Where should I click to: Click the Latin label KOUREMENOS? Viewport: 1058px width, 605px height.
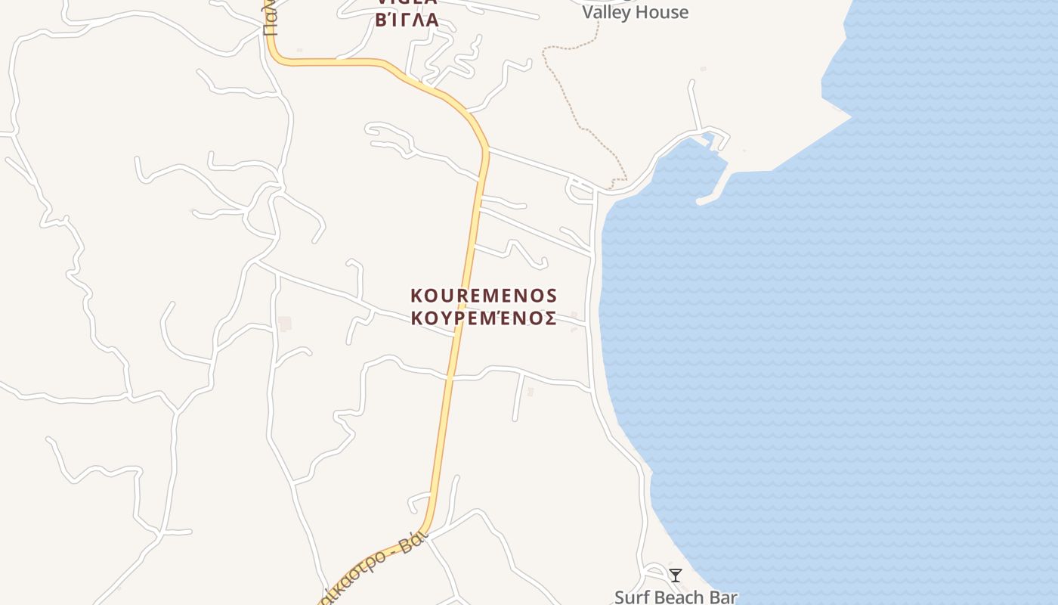pyautogui.click(x=484, y=295)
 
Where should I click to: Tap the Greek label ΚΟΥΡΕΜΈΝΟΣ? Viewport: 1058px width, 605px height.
pyautogui.click(x=484, y=318)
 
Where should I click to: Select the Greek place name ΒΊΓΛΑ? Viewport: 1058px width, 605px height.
pyautogui.click(x=407, y=20)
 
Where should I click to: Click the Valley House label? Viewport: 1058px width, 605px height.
pyautogui.click(x=635, y=12)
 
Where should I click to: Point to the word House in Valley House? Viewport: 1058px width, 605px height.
pyautogui.click(x=662, y=12)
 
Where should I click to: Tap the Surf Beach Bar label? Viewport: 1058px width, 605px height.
pyautogui.click(x=675, y=597)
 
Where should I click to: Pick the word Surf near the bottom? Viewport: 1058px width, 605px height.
pyautogui.click(x=630, y=597)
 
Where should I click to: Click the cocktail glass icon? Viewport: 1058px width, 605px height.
pyautogui.click(x=676, y=576)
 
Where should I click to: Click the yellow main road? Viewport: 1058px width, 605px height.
pyautogui.click(x=461, y=302)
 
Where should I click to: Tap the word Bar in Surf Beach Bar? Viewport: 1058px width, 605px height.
pyautogui.click(x=722, y=597)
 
